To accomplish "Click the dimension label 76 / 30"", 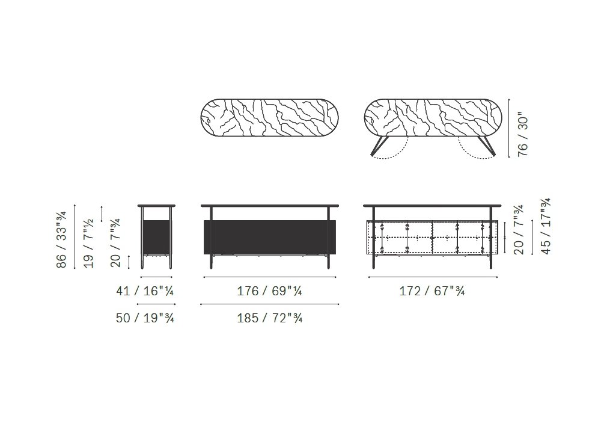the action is click(523, 134).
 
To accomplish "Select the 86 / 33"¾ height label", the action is click(61, 239).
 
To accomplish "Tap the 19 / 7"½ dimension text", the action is click(88, 243).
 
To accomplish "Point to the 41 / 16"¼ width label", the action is click(145, 291).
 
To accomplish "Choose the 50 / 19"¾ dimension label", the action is click(145, 318).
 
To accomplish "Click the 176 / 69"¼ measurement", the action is click(269, 291).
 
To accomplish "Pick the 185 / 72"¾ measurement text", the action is click(269, 318).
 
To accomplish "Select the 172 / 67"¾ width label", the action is click(432, 291).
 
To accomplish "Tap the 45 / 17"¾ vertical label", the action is click(546, 226).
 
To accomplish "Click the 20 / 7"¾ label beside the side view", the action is click(115, 243).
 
